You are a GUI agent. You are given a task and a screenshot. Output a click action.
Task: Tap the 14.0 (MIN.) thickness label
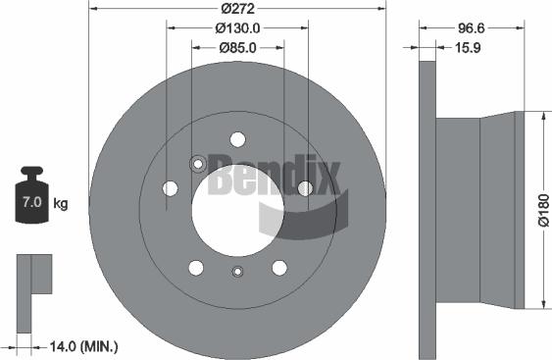pos(84,345)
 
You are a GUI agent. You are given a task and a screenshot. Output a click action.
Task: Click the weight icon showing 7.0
pos(30,199)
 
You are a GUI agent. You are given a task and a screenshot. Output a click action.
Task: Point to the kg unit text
pos(62,205)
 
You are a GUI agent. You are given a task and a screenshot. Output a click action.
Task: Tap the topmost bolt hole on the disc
pos(237,139)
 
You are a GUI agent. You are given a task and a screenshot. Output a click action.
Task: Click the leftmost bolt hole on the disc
pos(170,187)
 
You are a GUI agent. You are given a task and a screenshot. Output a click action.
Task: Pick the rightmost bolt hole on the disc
pos(305,187)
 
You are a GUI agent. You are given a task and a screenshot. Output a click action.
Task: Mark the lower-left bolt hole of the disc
pos(195,267)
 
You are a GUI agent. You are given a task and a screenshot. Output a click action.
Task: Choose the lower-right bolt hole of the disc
pos(279,267)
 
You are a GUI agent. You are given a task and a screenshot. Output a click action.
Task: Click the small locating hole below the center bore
pos(236,273)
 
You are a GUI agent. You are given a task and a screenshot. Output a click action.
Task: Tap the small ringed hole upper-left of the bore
pos(197,164)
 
